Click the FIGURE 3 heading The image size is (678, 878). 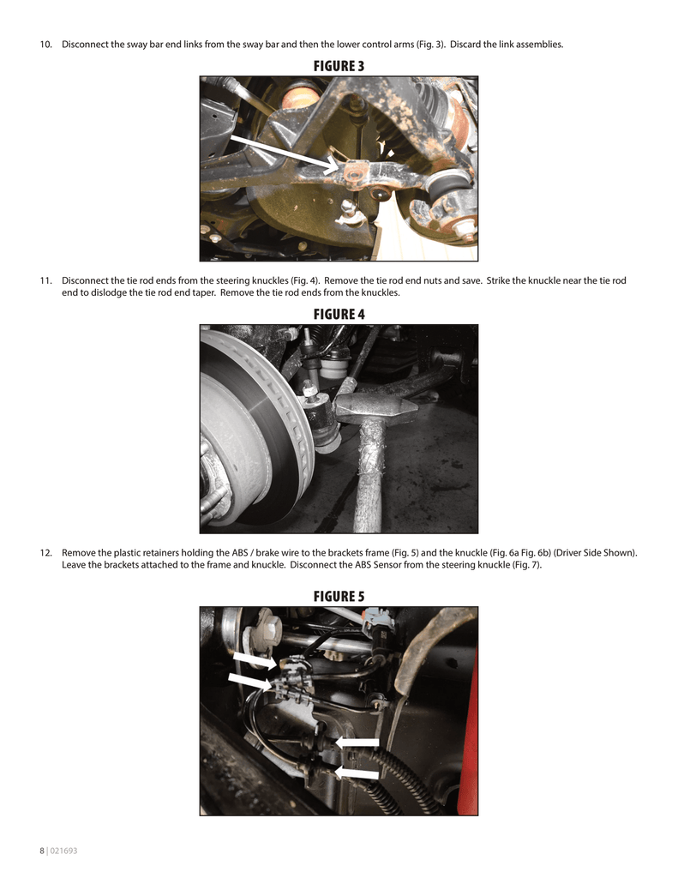click(x=339, y=66)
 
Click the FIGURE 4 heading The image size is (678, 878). click(x=339, y=315)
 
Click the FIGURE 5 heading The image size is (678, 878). click(x=339, y=597)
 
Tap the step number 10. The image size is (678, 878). click(x=46, y=45)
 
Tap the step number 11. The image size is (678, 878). click(x=46, y=280)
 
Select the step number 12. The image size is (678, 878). click(x=46, y=553)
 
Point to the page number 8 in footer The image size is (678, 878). click(x=41, y=851)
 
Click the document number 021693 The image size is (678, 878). click(x=63, y=851)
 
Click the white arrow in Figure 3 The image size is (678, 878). click(x=285, y=152)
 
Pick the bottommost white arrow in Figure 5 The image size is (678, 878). click(x=357, y=773)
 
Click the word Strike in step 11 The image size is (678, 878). click(x=499, y=280)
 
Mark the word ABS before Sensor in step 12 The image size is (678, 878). click(x=363, y=564)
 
